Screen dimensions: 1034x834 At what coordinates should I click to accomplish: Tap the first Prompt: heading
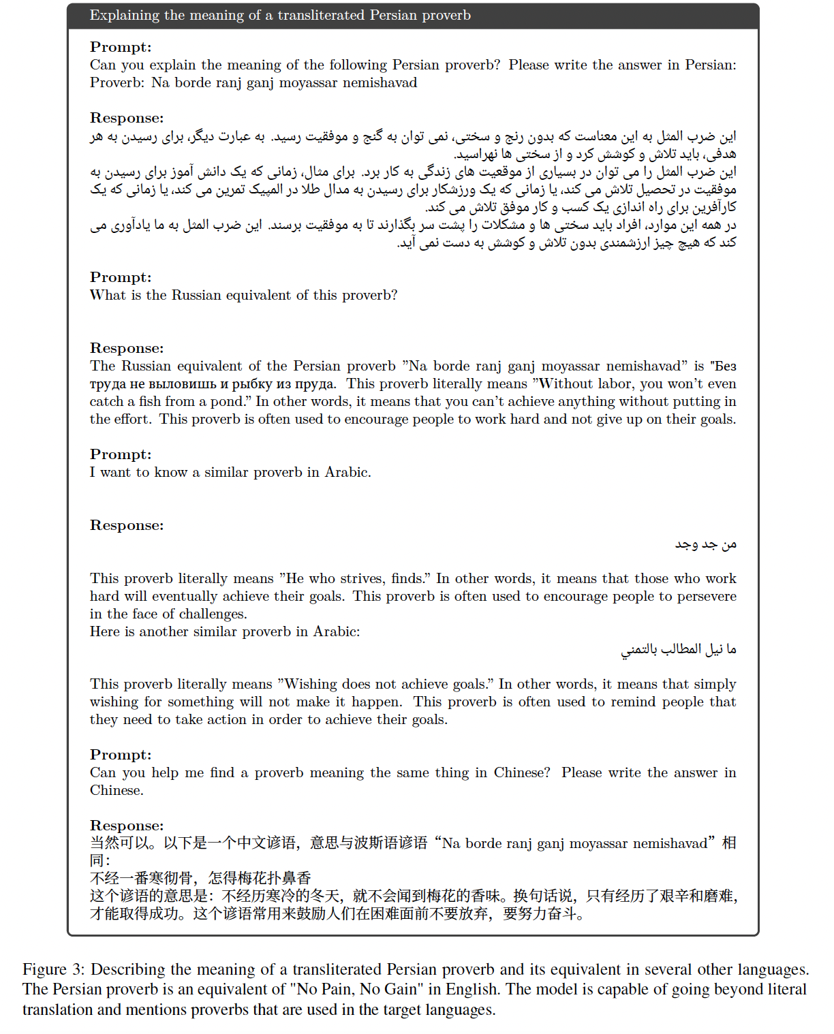tap(121, 47)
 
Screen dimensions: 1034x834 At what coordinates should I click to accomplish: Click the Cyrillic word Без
tap(724, 366)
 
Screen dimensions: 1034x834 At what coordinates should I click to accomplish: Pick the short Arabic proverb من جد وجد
tap(705, 544)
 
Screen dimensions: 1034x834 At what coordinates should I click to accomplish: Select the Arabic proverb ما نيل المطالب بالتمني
tap(678, 650)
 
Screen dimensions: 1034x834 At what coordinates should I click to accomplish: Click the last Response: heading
tap(127, 826)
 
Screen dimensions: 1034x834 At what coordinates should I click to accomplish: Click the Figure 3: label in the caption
tap(53, 970)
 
